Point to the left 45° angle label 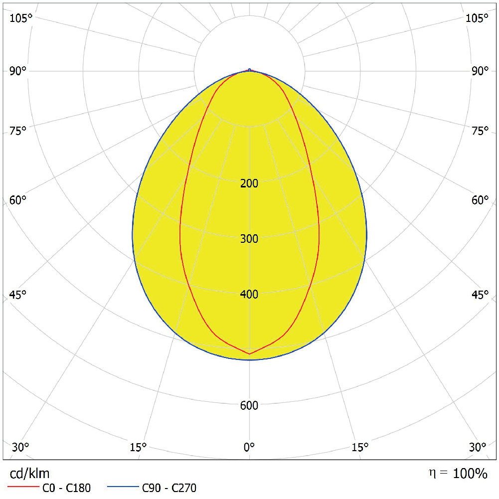18,295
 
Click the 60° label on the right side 481,200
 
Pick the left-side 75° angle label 18,131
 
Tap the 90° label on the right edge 481,71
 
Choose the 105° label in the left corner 20,18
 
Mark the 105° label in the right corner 478,18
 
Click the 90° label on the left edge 18,71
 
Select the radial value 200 249,183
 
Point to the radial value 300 249,239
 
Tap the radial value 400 249,295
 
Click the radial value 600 249,406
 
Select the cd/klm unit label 30,473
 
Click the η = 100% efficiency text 458,474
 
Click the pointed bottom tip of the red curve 249,354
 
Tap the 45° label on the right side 481,295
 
